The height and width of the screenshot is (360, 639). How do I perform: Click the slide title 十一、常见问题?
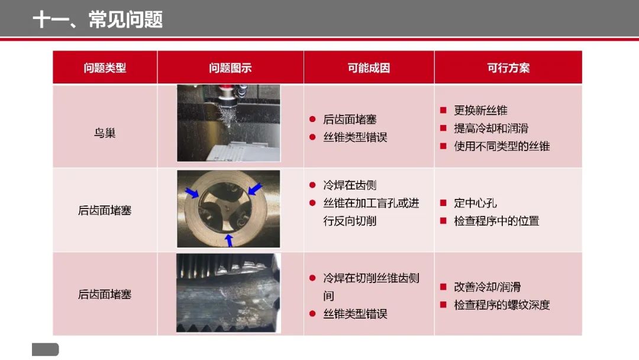[98, 20]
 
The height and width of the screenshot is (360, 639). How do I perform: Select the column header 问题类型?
[105, 67]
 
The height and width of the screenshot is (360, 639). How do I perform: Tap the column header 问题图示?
[230, 67]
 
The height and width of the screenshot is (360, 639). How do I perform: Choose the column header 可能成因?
[369, 67]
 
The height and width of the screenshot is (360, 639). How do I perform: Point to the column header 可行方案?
[508, 67]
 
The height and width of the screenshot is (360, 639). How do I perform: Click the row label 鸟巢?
[105, 133]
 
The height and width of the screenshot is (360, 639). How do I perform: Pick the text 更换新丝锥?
[480, 111]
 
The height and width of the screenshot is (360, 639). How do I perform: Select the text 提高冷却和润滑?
[491, 128]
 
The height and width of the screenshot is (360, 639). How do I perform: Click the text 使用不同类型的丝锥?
[502, 146]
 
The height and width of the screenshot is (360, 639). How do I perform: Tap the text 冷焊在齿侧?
[350, 185]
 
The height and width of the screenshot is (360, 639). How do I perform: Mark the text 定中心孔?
[475, 203]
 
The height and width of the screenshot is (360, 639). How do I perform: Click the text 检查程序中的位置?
[496, 221]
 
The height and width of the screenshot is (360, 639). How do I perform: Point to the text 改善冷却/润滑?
[487, 287]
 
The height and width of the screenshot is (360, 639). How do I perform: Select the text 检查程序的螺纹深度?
[502, 305]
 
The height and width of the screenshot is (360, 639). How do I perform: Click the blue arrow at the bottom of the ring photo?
[230, 240]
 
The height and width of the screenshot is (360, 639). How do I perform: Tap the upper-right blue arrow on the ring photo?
[255, 189]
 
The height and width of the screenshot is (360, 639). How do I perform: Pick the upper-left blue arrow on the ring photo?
[192, 192]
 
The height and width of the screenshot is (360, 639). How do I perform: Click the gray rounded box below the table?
[45, 349]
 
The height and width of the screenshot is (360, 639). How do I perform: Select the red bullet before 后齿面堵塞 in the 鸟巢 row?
[312, 119]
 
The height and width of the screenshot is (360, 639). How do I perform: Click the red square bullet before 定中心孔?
[443, 202]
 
